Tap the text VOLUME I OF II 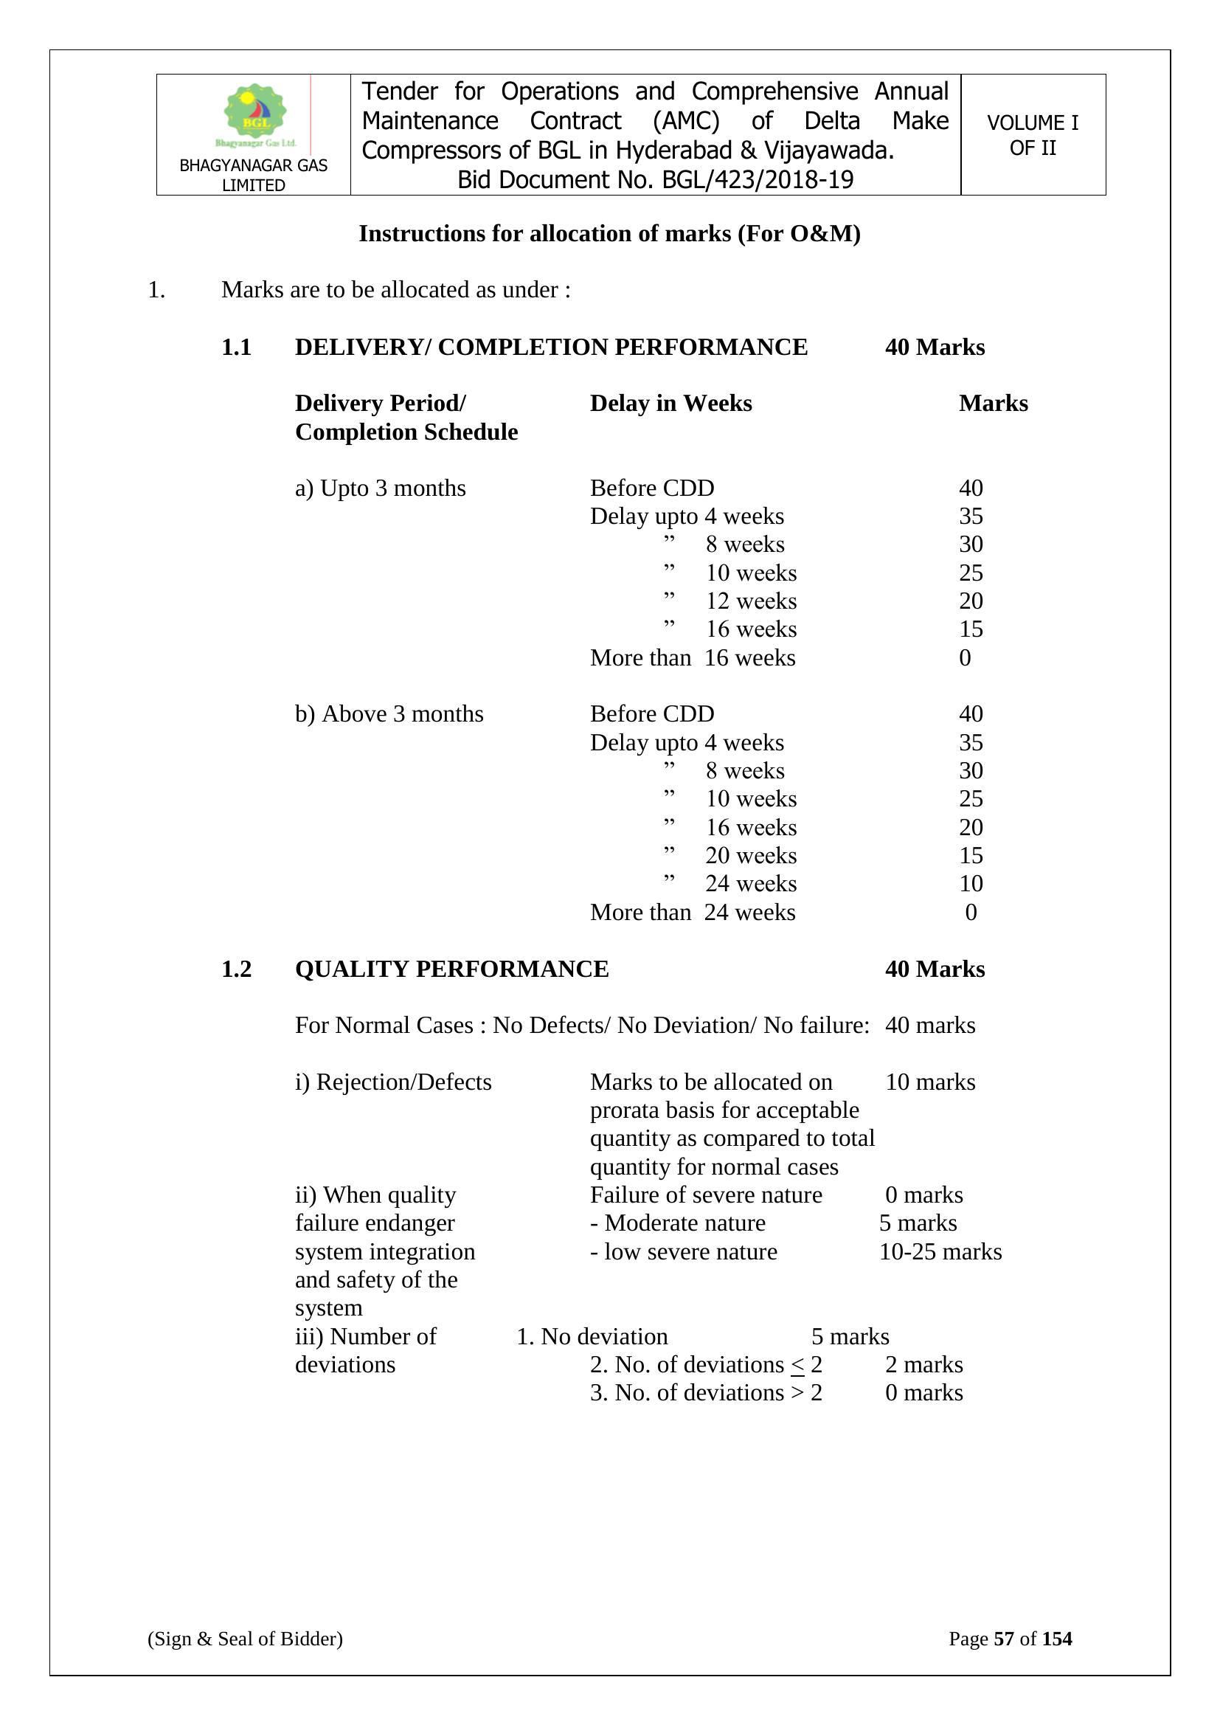coord(1032,135)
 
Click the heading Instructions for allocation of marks coord(609,234)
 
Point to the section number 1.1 coord(236,347)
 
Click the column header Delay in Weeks coord(670,404)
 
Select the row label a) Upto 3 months coord(380,488)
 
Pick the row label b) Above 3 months coord(389,713)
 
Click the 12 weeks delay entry coord(750,601)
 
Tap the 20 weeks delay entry coord(750,856)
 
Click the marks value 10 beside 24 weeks coord(971,884)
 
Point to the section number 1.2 coord(236,969)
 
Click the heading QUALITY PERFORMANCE coord(451,969)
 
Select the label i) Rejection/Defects coord(393,1082)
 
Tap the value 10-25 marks coord(940,1251)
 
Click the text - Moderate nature coord(678,1223)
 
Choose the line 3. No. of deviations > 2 coord(705,1392)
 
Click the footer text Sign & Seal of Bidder coord(245,1639)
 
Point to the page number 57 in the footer coord(1004,1639)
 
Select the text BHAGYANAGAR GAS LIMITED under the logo coord(253,175)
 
